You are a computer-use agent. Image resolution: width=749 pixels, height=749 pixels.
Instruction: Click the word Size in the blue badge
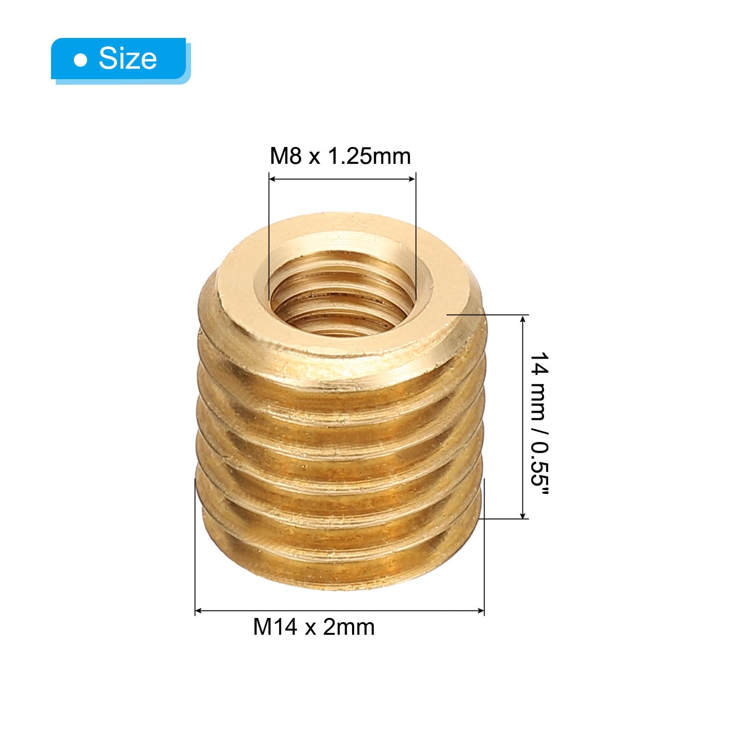coord(128,59)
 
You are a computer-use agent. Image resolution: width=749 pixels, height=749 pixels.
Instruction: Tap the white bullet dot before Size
coord(81,60)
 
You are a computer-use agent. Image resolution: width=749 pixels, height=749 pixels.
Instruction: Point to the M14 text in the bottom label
coord(275,627)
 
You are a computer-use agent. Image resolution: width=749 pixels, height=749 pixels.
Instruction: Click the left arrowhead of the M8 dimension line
coord(273,178)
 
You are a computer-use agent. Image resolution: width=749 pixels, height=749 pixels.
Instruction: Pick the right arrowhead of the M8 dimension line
coord(411,178)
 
